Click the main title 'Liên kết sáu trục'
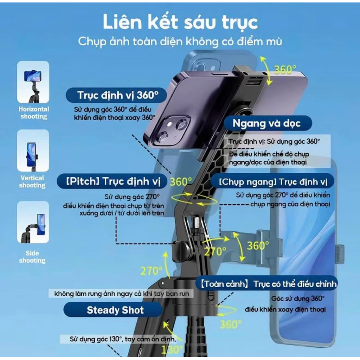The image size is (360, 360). tap(180, 22)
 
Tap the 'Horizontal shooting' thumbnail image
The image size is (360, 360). tap(33, 82)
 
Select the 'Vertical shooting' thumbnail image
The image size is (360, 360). tap(33, 150)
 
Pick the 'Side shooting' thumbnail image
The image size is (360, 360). tap(33, 222)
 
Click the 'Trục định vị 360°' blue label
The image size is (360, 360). tap(116, 95)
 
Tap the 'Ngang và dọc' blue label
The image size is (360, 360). tap(268, 123)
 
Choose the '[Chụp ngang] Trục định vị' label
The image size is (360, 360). tap(273, 182)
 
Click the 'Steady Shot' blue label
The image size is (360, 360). tap(113, 310)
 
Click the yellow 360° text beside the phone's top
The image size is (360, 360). tap(285, 70)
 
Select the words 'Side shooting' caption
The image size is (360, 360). tap(32, 257)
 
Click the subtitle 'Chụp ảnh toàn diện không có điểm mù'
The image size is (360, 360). tap(180, 42)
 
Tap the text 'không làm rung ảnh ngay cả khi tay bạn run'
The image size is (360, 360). tap(122, 294)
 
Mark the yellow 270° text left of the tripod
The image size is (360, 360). tap(151, 271)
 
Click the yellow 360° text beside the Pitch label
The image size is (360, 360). tap(181, 182)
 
